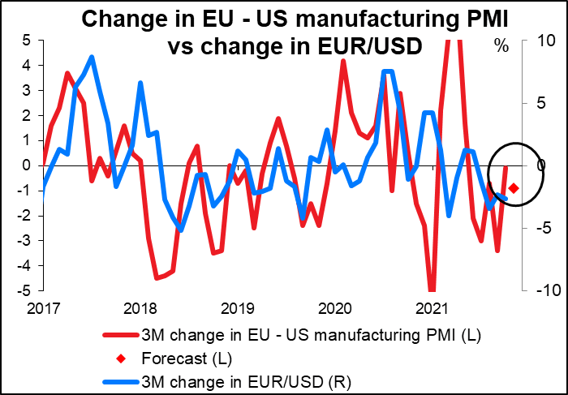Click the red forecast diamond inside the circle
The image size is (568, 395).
(x=514, y=188)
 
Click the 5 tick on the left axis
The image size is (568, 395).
(x=28, y=40)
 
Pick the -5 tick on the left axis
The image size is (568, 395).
(x=24, y=290)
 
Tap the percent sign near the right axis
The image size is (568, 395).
(x=501, y=46)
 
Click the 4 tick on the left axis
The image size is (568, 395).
(x=28, y=65)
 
